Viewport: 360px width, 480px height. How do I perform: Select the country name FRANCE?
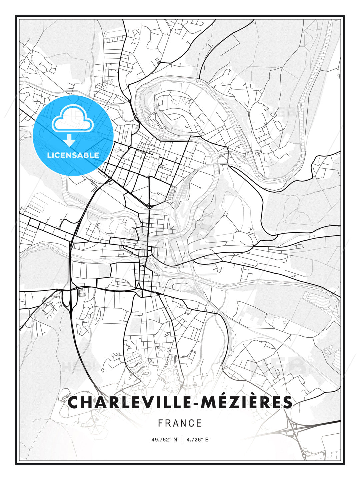pos(180,423)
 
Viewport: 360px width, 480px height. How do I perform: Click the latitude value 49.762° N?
pos(165,440)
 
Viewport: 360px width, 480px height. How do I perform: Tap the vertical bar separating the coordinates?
pos(182,440)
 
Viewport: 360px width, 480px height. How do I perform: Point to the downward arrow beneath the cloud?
pos(70,140)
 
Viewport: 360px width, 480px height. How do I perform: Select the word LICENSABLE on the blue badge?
pos(73,155)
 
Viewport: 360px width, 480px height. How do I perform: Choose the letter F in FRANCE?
pos(160,423)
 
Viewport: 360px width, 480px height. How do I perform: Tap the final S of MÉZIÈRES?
pos(287,402)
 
